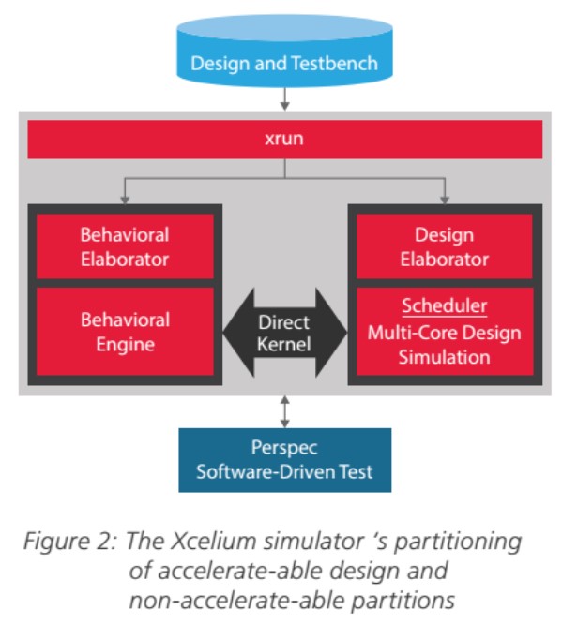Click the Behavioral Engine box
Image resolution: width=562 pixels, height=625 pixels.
125,332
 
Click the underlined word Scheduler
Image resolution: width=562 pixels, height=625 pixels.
443,307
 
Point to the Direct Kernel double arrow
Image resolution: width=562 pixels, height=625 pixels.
283,332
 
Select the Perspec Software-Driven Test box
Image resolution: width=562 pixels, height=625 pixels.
284,460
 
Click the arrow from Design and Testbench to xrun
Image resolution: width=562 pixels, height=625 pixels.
284,97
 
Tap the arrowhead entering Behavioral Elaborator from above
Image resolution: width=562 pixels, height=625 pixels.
125,198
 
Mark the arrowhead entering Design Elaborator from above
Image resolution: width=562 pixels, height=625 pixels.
443,198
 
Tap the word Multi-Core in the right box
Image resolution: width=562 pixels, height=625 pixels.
407,332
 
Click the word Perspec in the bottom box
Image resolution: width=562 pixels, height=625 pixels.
284,448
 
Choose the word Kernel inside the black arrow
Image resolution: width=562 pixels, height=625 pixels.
283,344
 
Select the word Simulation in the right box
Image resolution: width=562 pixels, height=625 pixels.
443,356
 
